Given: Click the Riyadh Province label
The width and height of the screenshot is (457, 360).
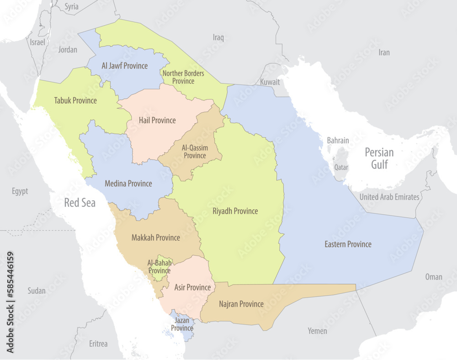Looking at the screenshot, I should tap(235, 211).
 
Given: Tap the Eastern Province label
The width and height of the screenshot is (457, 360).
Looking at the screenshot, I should tap(348, 244).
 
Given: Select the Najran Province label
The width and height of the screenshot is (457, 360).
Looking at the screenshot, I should tap(241, 304).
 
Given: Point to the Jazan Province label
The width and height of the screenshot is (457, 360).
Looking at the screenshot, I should tap(182, 324).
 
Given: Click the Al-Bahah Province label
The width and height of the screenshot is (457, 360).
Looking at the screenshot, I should tap(159, 267).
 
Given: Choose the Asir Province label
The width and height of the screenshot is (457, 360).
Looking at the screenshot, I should tap(192, 287).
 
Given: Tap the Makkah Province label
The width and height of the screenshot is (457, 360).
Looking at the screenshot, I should tap(155, 238).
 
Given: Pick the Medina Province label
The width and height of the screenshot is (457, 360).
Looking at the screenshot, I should tap(128, 184).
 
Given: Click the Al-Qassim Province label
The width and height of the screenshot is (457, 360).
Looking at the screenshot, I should tap(195, 152).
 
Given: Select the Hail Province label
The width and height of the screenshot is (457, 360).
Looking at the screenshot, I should tap(157, 121).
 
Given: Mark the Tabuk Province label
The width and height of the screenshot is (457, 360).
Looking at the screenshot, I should tap(75, 101).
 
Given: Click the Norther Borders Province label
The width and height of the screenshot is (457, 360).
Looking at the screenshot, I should tap(183, 77).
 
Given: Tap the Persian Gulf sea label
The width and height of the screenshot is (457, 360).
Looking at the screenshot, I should tap(379, 159).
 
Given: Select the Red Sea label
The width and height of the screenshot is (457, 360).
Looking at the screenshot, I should tap(80, 203).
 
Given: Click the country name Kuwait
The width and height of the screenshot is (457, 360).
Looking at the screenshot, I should tap(270, 82).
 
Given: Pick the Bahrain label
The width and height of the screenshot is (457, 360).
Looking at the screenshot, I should tap(338, 140).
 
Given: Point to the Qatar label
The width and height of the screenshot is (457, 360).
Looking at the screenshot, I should tap(341, 167).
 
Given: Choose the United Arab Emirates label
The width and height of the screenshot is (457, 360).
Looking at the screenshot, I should tap(389, 197).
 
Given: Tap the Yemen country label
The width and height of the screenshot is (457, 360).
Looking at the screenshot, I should tap(317, 331).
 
